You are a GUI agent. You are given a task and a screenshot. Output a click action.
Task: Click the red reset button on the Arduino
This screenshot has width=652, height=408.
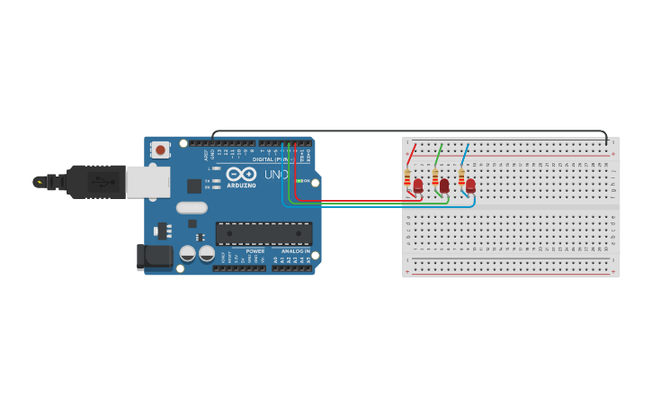(160, 150)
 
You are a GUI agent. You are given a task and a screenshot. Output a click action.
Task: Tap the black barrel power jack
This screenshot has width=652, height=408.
(155, 257)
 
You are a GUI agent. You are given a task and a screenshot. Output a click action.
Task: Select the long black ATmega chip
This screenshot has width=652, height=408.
(263, 233)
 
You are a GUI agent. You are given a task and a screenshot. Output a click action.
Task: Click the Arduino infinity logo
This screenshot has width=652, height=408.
(240, 174)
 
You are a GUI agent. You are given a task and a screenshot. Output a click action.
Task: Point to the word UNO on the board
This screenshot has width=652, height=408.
(276, 174)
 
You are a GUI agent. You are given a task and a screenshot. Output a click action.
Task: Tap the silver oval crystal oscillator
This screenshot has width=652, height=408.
(192, 208)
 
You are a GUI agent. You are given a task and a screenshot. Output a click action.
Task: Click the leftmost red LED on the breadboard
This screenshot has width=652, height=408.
(417, 186)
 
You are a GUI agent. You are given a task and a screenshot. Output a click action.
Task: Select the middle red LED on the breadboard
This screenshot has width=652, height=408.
(444, 186)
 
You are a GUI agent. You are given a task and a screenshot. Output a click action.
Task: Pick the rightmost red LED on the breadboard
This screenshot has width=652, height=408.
(470, 186)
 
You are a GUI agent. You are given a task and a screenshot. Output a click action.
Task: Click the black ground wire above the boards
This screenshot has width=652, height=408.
(405, 131)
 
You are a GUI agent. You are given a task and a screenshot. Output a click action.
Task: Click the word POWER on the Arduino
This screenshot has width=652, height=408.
(255, 251)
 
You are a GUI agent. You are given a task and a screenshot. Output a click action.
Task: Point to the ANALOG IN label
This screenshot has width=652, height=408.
(295, 251)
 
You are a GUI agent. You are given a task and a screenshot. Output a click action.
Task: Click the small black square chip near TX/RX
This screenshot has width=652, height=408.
(194, 186)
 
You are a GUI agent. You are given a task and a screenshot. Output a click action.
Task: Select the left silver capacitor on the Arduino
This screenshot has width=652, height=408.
(188, 253)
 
